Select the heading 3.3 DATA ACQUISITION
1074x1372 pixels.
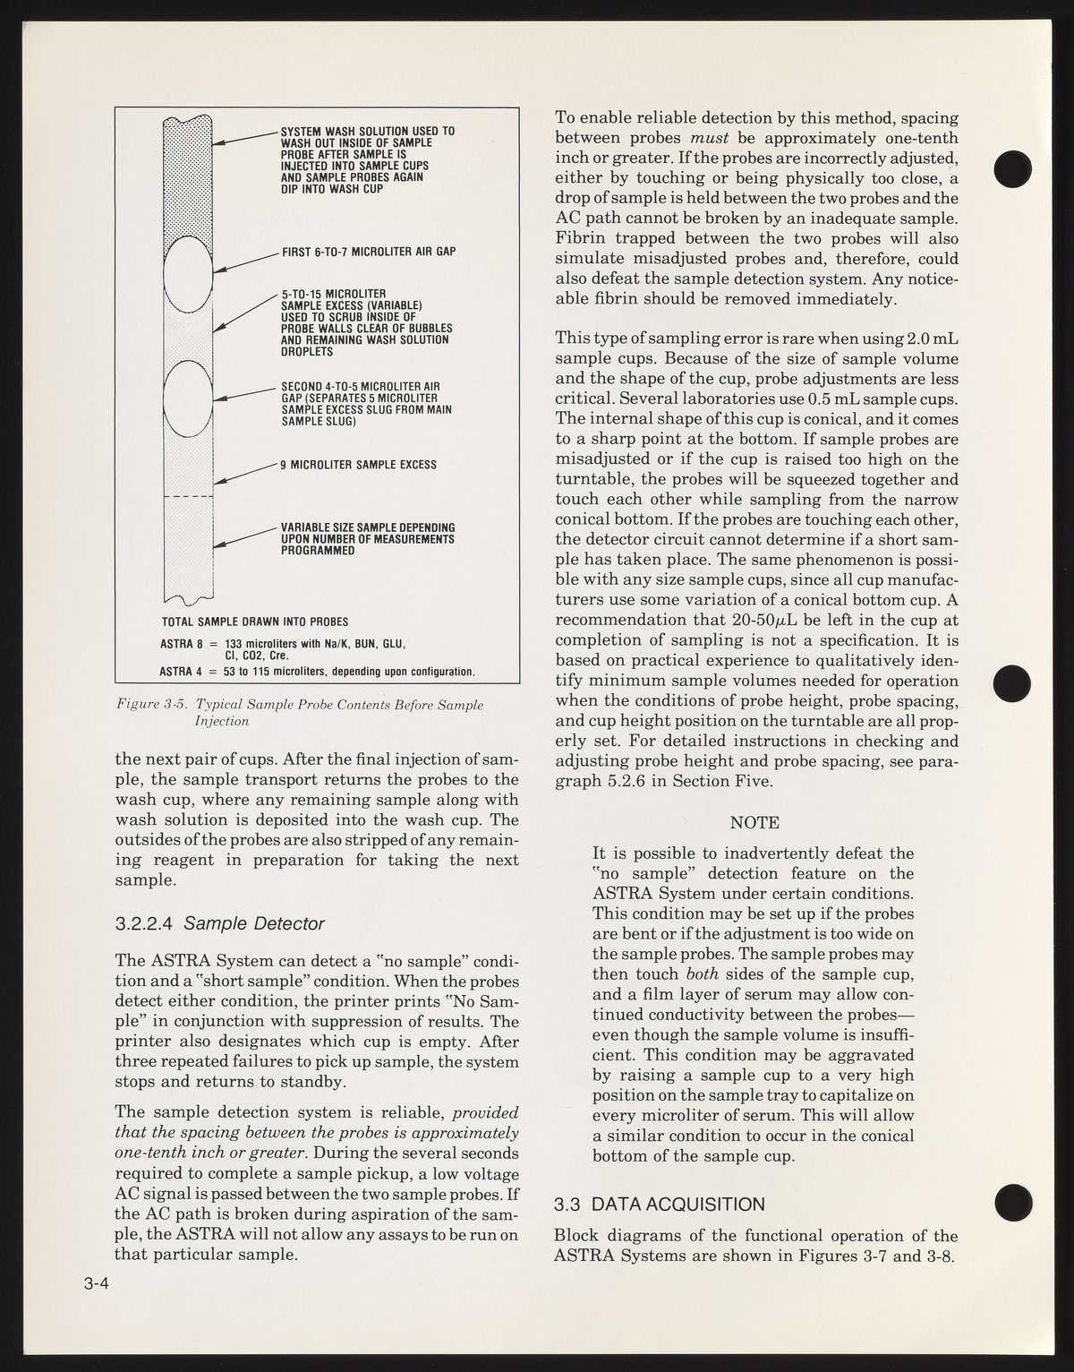(660, 1204)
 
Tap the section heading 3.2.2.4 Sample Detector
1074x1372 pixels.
(219, 922)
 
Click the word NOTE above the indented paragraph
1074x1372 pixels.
(754, 822)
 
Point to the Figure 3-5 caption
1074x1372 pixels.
(300, 712)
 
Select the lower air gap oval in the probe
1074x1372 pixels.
(188, 398)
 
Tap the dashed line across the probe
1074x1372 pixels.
(188, 496)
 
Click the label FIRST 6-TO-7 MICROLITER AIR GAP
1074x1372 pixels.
(369, 252)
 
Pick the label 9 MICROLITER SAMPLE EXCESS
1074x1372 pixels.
(359, 465)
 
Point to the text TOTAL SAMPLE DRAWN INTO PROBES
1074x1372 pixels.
(255, 621)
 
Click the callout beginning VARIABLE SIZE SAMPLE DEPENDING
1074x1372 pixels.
(368, 538)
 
